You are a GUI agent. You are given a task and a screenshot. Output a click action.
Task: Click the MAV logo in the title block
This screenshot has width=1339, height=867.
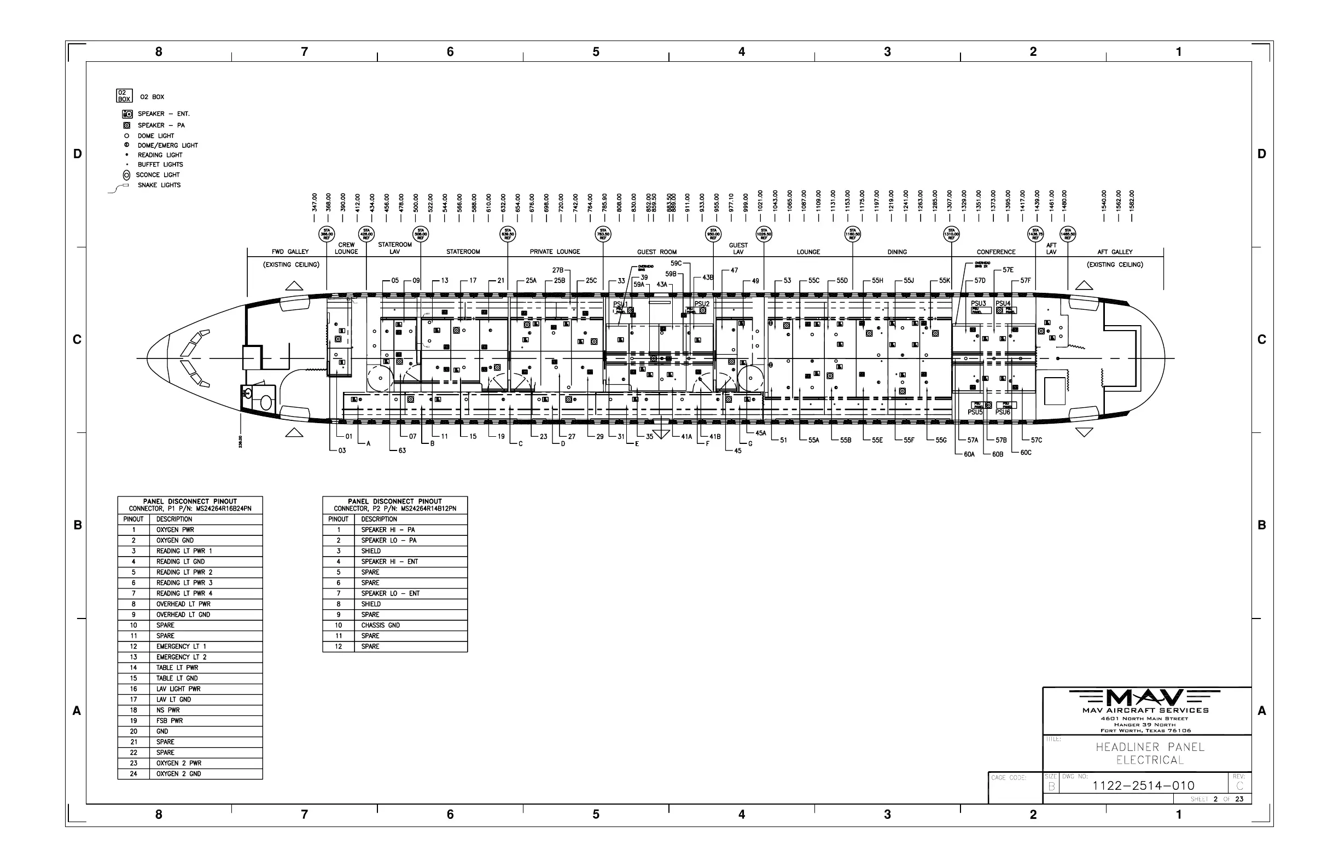[x=1144, y=698]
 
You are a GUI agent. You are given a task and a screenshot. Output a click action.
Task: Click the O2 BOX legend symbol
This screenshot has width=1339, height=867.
[x=124, y=96]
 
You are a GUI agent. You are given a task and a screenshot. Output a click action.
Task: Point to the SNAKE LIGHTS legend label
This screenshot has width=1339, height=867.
[x=159, y=185]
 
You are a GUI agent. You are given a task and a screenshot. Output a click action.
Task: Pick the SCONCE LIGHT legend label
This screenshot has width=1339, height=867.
[x=158, y=175]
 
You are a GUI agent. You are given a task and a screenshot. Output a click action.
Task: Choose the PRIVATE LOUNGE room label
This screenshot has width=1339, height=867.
[x=555, y=252]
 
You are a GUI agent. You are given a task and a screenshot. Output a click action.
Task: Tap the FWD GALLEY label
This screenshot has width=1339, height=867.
[x=290, y=252]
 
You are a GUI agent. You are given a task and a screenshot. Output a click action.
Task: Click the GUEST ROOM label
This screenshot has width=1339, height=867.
[x=656, y=252]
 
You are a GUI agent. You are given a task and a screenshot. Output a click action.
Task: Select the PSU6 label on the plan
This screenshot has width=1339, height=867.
[x=1003, y=412]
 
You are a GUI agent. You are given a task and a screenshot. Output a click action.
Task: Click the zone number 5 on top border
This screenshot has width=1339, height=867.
[x=596, y=52]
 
